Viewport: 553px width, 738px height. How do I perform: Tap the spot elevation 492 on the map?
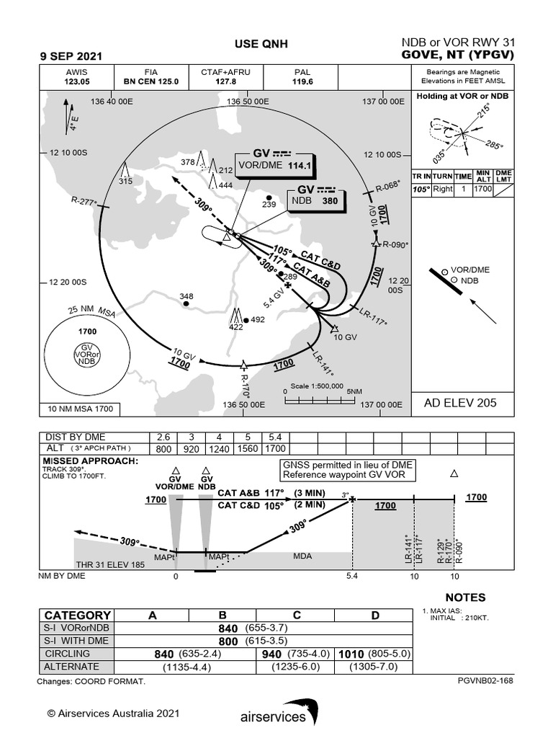coord(258,319)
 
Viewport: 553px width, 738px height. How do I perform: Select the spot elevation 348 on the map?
coord(186,296)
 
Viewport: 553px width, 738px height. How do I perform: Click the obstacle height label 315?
coord(126,180)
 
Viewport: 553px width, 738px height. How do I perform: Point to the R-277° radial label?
coord(84,203)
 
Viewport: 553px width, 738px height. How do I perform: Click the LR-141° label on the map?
coord(323,364)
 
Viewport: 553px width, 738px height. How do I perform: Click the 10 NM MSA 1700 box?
coord(80,409)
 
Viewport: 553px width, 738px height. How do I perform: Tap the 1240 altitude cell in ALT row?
coord(220,448)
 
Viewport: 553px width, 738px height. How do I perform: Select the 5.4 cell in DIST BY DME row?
coord(274,437)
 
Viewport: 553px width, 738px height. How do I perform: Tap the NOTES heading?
coord(464,597)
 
